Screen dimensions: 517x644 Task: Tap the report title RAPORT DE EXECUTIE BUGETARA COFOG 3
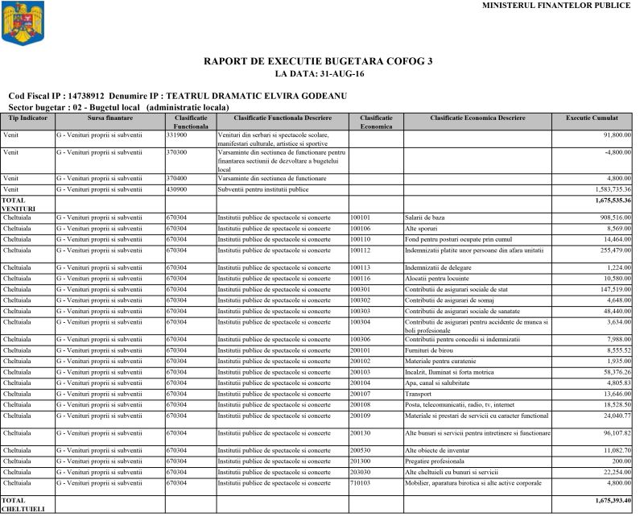click(x=319, y=61)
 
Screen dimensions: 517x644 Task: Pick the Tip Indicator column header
click(x=27, y=118)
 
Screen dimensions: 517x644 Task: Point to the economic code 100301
click(x=361, y=287)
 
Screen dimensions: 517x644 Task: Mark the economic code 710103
click(x=361, y=482)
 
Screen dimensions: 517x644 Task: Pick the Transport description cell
click(x=419, y=393)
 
